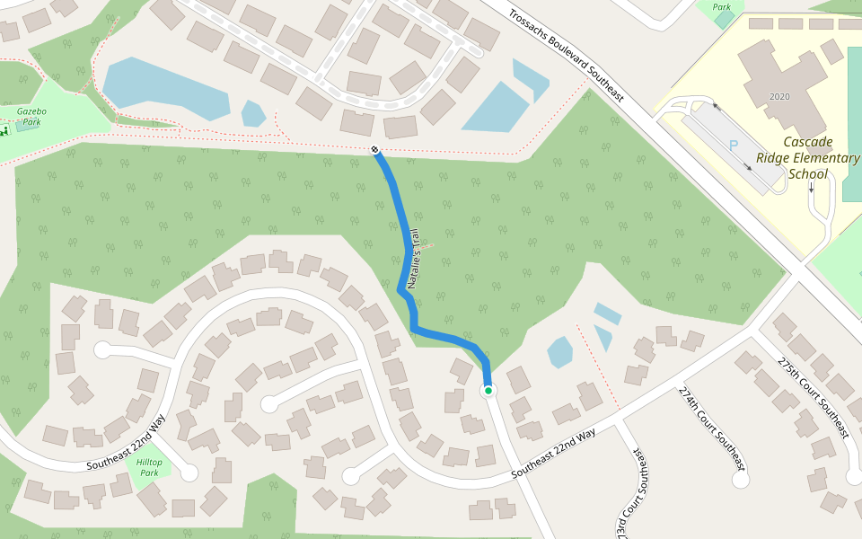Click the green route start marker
[x=488, y=391]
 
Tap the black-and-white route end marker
[x=374, y=149]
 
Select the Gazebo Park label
[x=31, y=116]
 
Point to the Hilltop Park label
[x=149, y=467]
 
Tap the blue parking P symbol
[x=733, y=146]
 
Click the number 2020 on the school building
[x=779, y=96]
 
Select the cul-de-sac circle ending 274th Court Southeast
[x=741, y=479]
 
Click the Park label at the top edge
[x=722, y=6]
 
